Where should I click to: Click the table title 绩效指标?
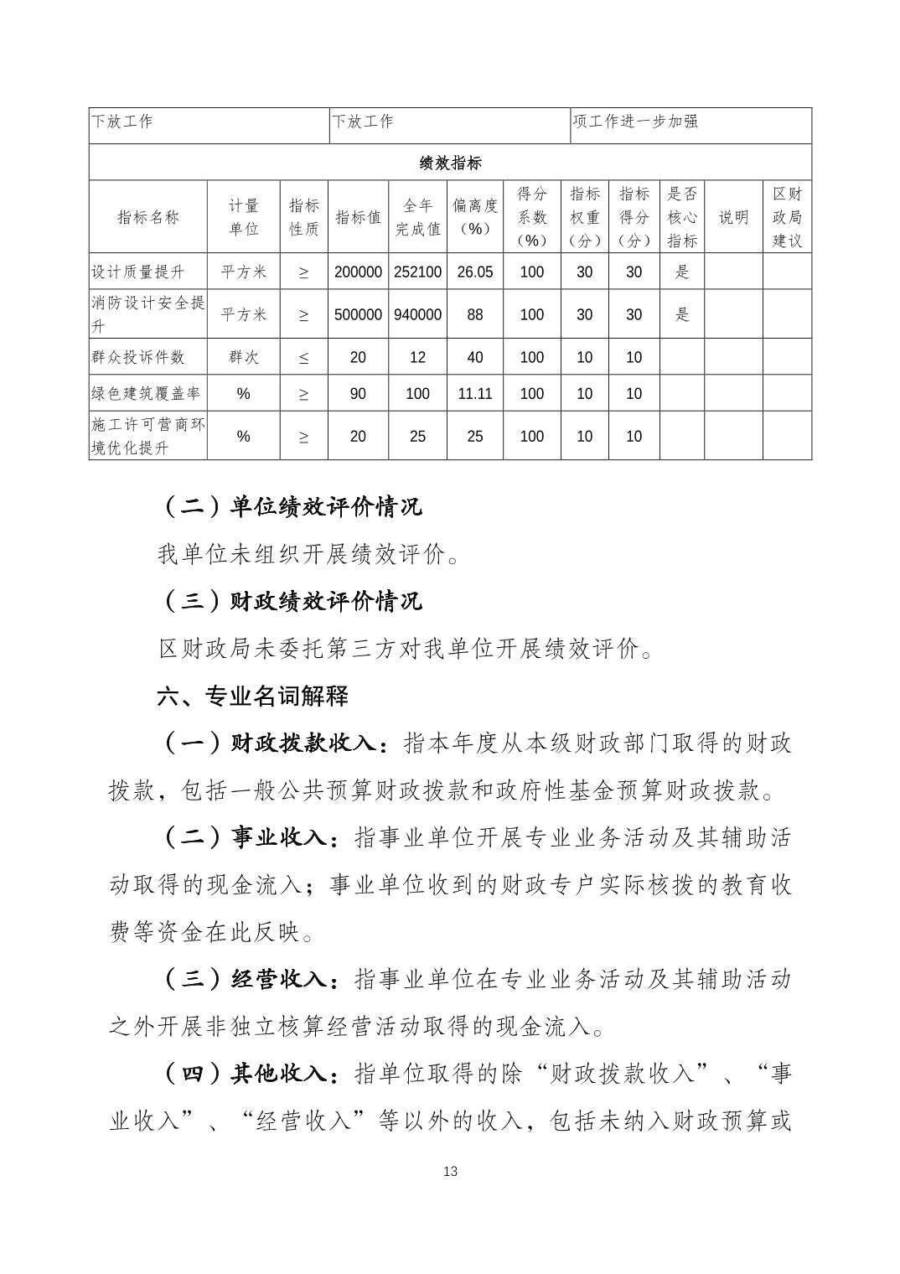[x=450, y=163]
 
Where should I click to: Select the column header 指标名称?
[x=148, y=217]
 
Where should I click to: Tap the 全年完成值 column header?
[x=417, y=217]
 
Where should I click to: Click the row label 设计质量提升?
[x=137, y=272]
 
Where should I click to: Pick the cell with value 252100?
[x=417, y=272]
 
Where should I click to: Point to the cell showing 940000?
[x=417, y=314]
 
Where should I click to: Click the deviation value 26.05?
[x=475, y=272]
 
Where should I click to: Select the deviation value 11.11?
[x=475, y=393]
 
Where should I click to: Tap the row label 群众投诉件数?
[x=137, y=357]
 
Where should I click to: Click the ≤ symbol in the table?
[x=303, y=357]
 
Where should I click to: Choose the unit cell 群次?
[x=243, y=357]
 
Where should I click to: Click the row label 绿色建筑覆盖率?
[x=146, y=393]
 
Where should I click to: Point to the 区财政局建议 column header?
[x=787, y=217]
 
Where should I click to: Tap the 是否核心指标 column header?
[x=682, y=217]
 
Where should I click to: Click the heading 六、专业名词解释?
[x=253, y=696]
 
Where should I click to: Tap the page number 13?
[x=450, y=1172]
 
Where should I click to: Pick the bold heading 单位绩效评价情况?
[x=327, y=506]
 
